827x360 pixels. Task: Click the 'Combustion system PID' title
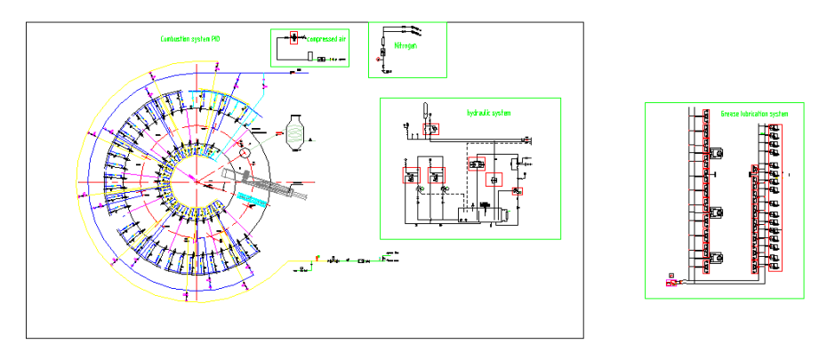[x=190, y=38]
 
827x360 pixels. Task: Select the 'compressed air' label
[x=327, y=38]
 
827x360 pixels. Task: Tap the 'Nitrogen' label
[x=405, y=44]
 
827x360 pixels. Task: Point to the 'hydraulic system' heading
[x=488, y=113]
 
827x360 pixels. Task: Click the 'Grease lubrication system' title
[x=755, y=114]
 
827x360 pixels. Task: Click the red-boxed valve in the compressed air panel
[x=294, y=37]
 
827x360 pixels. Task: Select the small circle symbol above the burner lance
[x=245, y=152]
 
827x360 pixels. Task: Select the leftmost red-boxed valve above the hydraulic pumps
[x=412, y=176]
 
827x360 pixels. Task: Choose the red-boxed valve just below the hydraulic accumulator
[x=430, y=129]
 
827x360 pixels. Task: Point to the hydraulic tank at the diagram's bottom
[x=480, y=215]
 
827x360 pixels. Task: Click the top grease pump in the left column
[x=716, y=153]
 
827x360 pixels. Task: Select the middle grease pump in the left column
[x=716, y=213]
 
